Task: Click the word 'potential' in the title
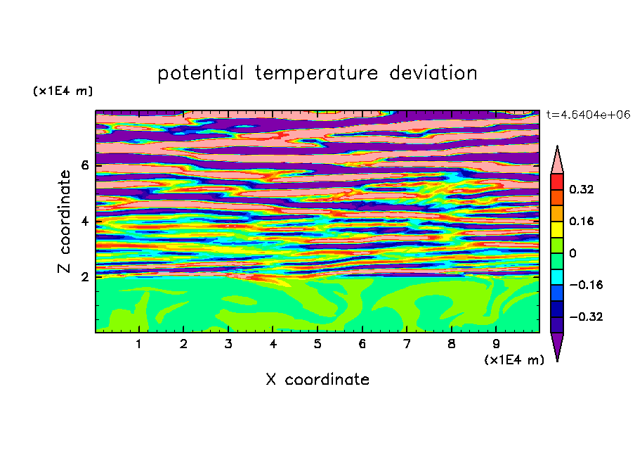tap(201, 73)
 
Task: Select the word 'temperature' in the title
tap(316, 73)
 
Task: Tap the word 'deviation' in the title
tap(433, 73)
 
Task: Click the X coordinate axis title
tap(317, 379)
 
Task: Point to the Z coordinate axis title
tap(64, 222)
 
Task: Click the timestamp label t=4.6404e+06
tap(588, 115)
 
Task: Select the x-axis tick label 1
tap(138, 344)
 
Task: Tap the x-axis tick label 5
tap(317, 344)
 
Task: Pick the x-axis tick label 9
tap(496, 344)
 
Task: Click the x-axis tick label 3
tap(228, 344)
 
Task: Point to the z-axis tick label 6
tap(84, 165)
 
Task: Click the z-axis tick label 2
tap(84, 276)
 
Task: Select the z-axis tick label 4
tap(84, 221)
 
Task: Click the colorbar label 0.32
tap(581, 189)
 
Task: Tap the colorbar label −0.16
tap(586, 285)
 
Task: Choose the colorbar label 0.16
tap(581, 221)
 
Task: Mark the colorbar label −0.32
tap(586, 317)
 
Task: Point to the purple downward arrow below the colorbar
tap(557, 345)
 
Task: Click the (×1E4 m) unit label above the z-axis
tap(63, 91)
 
